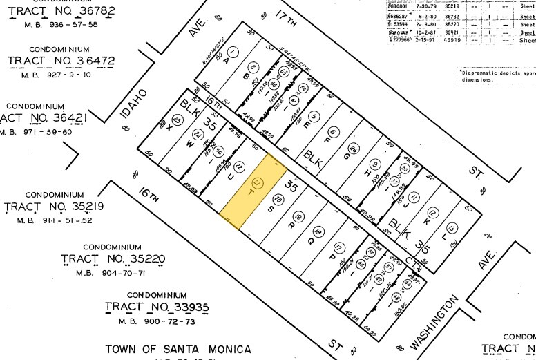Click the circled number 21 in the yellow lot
pyautogui.click(x=258, y=183)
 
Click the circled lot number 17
pyautogui.click(x=338, y=248)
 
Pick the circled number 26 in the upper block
pyautogui.click(x=353, y=149)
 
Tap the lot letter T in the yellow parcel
pyautogui.click(x=251, y=193)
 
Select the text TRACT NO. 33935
pyautogui.click(x=157, y=306)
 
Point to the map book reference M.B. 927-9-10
pyautogui.click(x=61, y=75)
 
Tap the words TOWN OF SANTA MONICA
pyautogui.click(x=178, y=350)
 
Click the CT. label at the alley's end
pyautogui.click(x=412, y=260)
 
